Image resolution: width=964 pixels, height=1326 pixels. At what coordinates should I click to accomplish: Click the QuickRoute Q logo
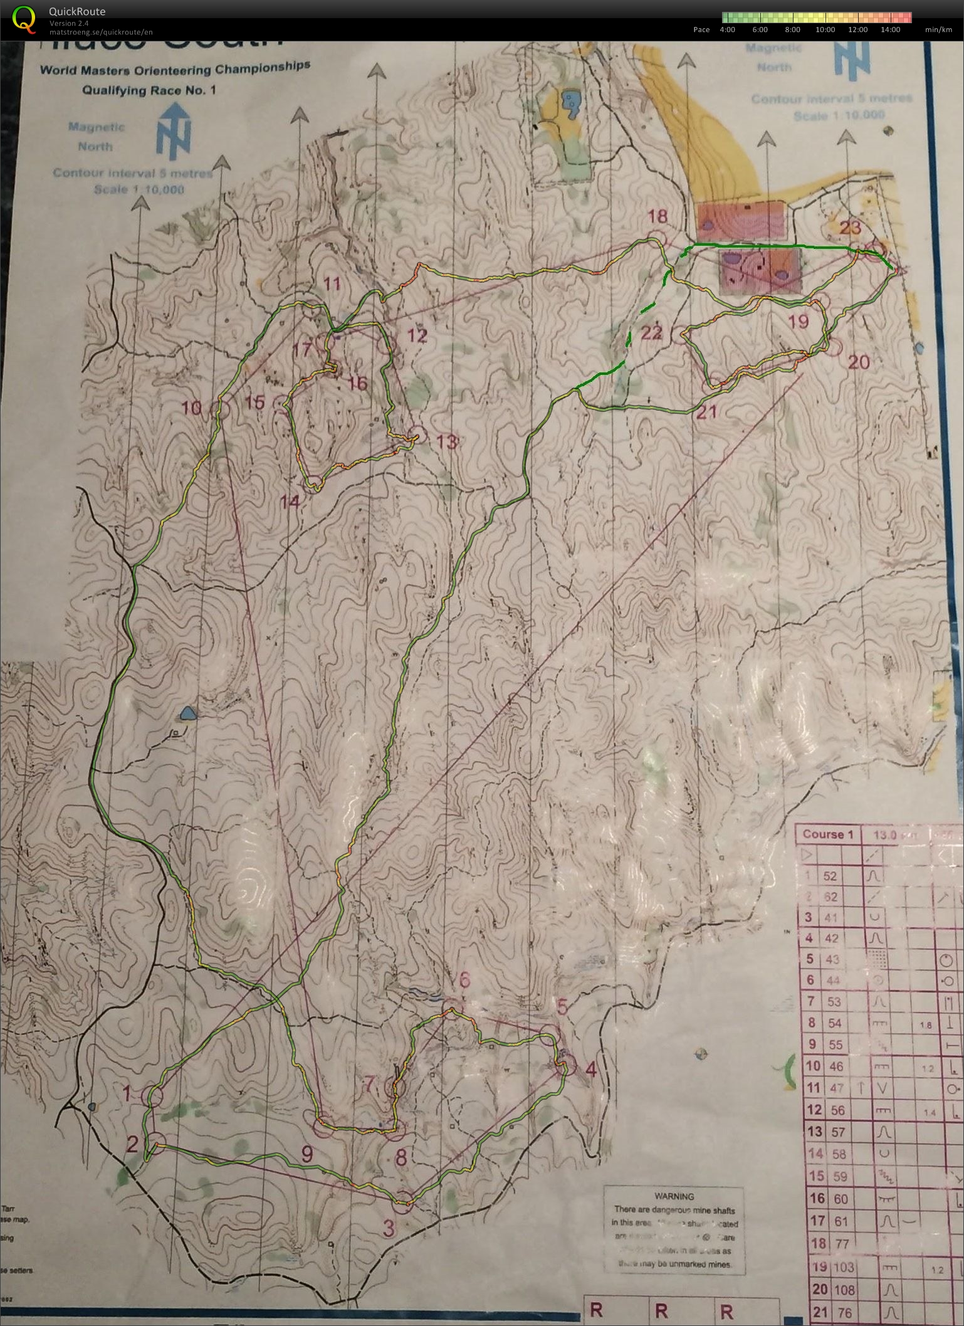(x=24, y=19)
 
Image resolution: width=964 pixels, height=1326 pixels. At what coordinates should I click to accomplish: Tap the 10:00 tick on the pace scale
(x=825, y=29)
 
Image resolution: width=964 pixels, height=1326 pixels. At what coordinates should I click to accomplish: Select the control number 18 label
(x=658, y=216)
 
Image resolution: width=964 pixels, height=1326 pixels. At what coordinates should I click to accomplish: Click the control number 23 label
(x=850, y=228)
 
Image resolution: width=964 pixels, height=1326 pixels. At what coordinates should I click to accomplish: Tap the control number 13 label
(x=446, y=442)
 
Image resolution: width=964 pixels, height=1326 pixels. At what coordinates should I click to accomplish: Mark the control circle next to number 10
(x=222, y=408)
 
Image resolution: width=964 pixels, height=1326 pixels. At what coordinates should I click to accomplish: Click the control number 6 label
(x=464, y=979)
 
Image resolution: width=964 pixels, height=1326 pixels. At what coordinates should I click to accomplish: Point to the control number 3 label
(x=389, y=1228)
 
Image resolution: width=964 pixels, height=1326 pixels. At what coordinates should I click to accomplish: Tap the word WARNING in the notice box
(x=674, y=1196)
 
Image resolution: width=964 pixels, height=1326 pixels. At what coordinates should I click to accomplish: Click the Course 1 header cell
(x=828, y=834)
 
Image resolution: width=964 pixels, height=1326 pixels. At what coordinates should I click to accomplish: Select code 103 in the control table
(x=844, y=1267)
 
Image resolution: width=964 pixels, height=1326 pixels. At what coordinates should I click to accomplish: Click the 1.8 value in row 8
(x=925, y=1025)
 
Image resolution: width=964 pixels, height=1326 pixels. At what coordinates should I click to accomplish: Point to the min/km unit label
(x=938, y=29)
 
